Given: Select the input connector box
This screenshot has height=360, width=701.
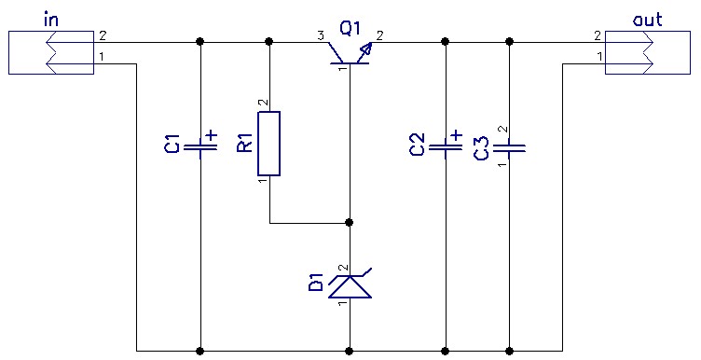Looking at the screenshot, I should tap(51, 52).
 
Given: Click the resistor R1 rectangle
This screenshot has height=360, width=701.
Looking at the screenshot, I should tap(269, 144).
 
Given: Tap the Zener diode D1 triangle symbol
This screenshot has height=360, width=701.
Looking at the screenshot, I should tap(350, 286).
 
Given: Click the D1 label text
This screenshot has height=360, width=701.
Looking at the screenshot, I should tap(316, 283).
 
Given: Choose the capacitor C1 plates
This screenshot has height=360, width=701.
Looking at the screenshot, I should tap(200, 147).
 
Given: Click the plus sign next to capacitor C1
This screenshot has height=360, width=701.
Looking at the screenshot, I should tap(212, 135).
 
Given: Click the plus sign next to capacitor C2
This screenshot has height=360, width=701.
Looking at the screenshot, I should tap(457, 135).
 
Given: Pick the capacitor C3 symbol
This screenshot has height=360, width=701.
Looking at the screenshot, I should tap(509, 146).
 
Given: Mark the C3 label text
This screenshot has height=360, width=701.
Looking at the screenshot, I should tap(481, 147).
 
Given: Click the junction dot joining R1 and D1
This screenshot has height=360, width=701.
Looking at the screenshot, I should tap(350, 223).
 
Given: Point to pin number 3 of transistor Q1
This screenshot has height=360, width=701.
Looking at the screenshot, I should tap(320, 35).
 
